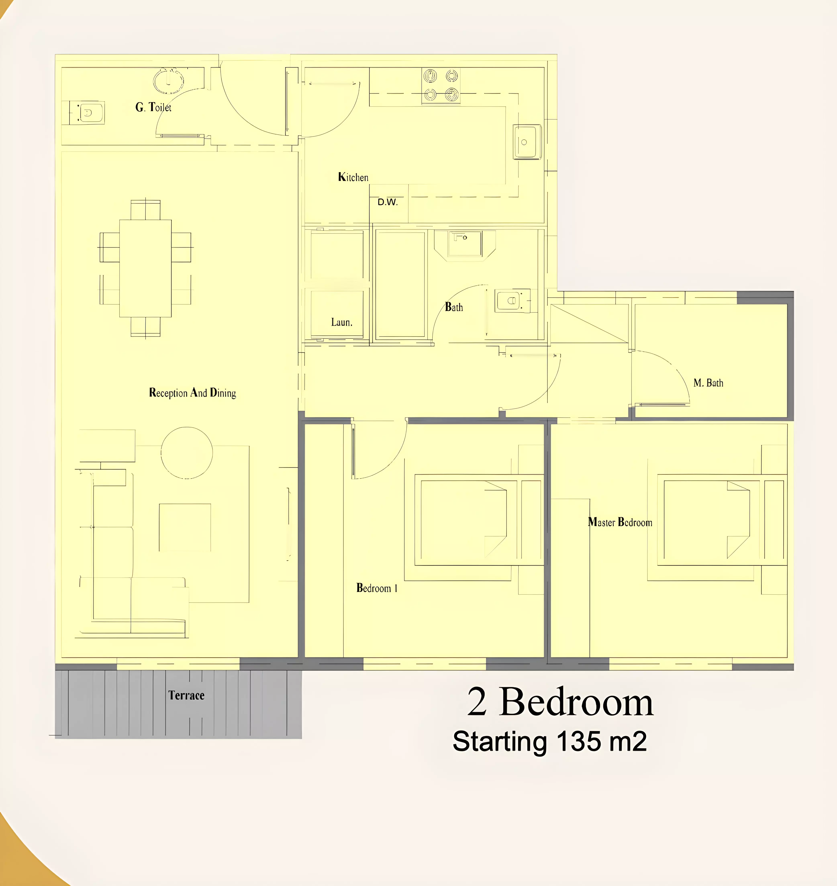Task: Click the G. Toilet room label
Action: pyautogui.click(x=153, y=107)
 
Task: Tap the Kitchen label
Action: pyautogui.click(x=353, y=177)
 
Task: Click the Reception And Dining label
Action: pyautogui.click(x=192, y=393)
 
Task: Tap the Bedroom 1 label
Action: pyautogui.click(x=377, y=588)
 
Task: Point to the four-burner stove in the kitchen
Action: pyautogui.click(x=441, y=86)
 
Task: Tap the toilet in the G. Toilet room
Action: pyautogui.click(x=87, y=113)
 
